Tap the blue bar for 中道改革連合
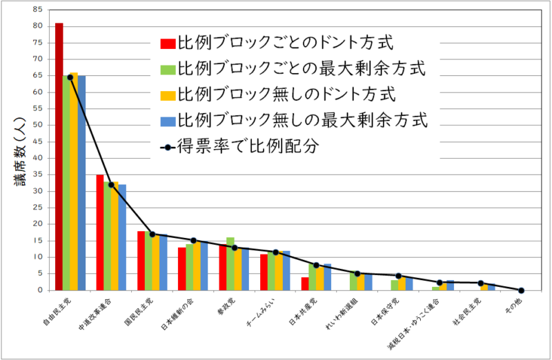pyautogui.click(x=123, y=237)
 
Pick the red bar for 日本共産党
pyautogui.click(x=305, y=283)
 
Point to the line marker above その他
pyautogui.click(x=521, y=290)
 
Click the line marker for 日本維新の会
pyautogui.click(x=193, y=241)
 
